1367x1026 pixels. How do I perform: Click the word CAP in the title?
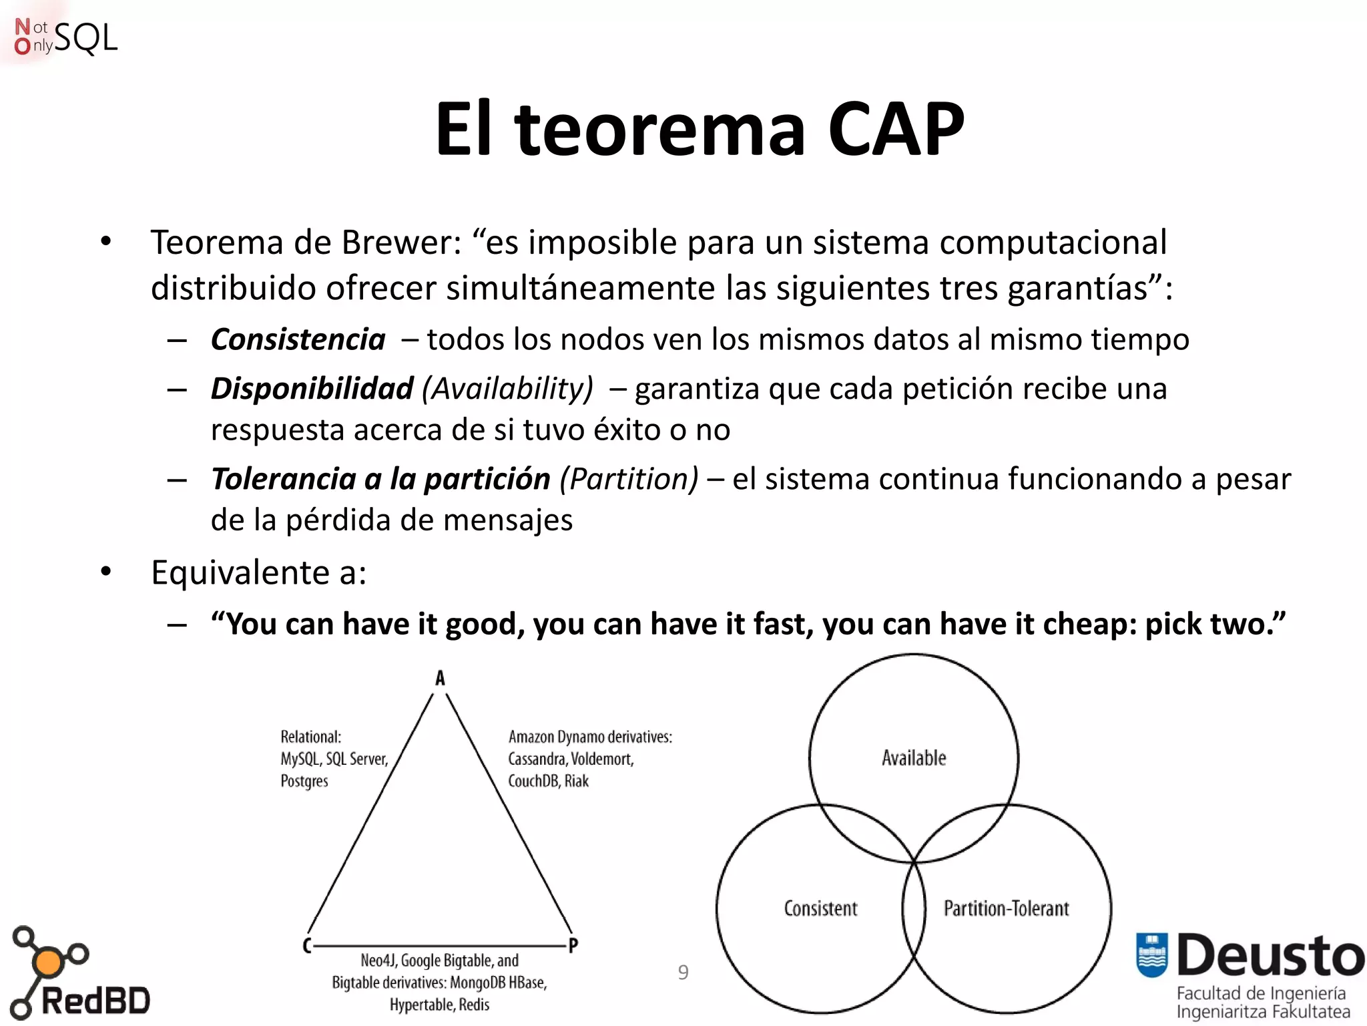coord(896,128)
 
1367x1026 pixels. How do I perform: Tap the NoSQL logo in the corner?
coord(65,37)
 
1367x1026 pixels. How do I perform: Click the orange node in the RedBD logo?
coord(47,963)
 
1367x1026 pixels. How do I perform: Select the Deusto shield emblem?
coord(1151,955)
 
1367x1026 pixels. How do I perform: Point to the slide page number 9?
coord(683,972)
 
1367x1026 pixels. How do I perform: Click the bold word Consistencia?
coord(298,339)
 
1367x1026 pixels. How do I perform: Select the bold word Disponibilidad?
coord(312,389)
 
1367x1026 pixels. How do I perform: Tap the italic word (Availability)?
coord(507,389)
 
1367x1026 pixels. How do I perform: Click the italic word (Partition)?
coord(629,479)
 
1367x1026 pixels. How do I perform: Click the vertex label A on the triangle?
coord(440,678)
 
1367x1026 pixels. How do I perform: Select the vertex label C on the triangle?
coord(306,945)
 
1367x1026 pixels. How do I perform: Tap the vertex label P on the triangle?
coord(573,945)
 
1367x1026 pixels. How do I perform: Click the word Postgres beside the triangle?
coord(304,781)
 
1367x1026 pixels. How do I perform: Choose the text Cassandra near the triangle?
coord(536,759)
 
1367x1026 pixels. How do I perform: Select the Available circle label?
coord(914,758)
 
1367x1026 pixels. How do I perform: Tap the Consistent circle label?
coord(820,908)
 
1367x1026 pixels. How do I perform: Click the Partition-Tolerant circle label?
coord(1006,908)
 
